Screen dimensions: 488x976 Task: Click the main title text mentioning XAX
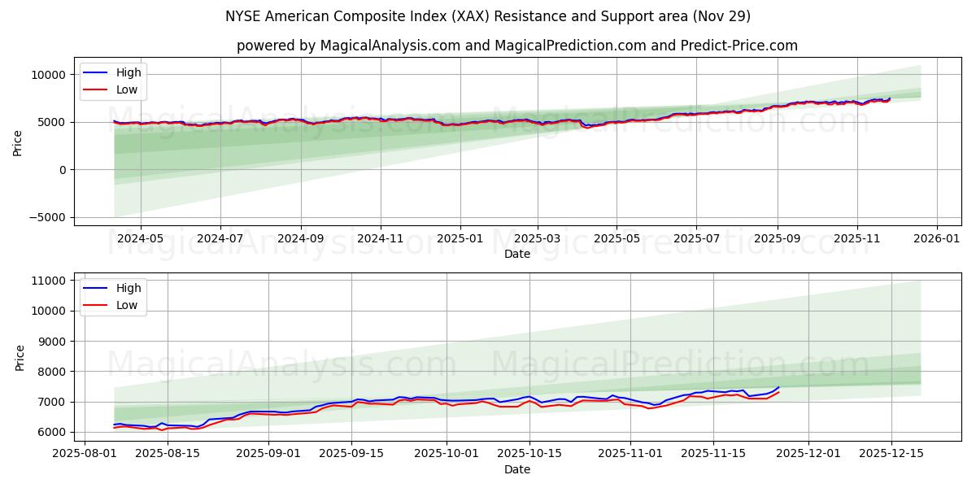click(488, 16)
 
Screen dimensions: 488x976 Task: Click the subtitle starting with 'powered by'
click(516, 46)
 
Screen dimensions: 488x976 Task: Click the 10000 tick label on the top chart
click(50, 75)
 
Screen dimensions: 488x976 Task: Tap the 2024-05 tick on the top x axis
click(141, 239)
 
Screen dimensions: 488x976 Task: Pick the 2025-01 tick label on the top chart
click(460, 239)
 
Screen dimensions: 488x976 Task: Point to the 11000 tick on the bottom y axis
click(50, 281)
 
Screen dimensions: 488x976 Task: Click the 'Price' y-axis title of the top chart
click(18, 142)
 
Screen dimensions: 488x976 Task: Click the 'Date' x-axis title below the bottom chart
click(516, 469)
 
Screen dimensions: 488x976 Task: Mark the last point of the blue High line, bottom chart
click(778, 387)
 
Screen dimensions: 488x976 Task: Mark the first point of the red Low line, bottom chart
click(114, 428)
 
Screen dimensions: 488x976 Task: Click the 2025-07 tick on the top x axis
click(695, 239)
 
